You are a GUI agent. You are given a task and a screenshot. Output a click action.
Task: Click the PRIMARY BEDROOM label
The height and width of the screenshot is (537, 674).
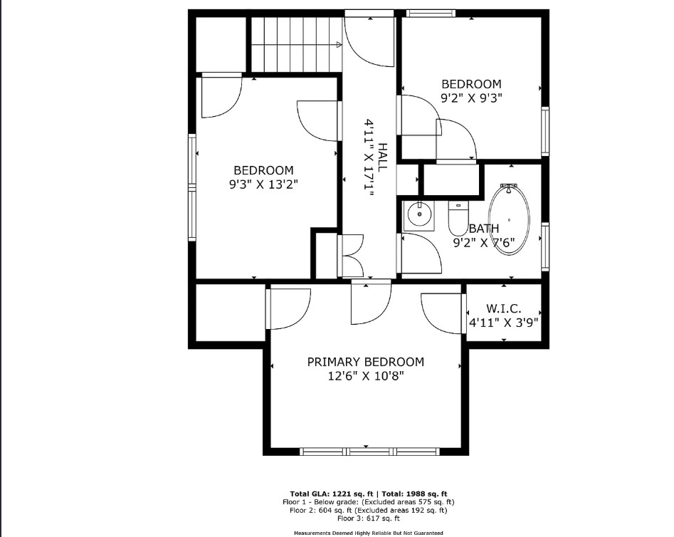tap(365, 362)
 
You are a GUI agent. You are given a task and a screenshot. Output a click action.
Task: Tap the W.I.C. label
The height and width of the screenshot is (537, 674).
tap(504, 308)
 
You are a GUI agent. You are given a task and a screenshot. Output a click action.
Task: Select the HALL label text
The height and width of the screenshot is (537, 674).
tap(382, 157)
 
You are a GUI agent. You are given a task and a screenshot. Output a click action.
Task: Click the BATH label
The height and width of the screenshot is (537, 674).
tap(484, 228)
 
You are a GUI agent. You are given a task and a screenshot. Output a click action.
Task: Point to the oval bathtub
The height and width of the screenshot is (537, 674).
tap(509, 219)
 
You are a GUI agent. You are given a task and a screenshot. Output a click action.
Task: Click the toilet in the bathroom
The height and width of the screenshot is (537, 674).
tap(458, 219)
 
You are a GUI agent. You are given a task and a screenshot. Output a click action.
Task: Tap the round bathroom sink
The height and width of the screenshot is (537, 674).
tap(419, 214)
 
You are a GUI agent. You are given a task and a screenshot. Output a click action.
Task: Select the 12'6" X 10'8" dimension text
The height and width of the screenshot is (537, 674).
tap(365, 376)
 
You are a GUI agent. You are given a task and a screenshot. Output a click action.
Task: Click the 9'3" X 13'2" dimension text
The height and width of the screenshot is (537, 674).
tap(263, 184)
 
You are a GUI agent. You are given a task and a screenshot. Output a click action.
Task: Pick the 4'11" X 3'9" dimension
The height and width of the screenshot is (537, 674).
tap(503, 323)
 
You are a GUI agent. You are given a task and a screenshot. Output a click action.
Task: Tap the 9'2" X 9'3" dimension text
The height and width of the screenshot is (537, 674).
tap(472, 98)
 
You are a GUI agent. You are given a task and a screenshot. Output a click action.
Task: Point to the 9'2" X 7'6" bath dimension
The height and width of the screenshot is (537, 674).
tap(484, 243)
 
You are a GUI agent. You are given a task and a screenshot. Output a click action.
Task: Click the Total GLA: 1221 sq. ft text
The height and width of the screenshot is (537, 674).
tap(332, 494)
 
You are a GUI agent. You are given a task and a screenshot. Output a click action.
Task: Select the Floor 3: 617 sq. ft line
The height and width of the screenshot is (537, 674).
tap(369, 518)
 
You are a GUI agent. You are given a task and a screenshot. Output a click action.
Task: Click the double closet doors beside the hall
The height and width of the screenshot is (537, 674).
tap(351, 256)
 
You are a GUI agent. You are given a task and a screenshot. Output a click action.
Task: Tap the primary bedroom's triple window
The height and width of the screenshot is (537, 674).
tap(369, 452)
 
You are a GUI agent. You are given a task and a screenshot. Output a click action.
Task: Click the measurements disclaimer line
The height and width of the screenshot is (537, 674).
tap(369, 533)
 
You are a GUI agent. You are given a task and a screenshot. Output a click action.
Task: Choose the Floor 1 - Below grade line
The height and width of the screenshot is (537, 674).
tap(369, 502)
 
